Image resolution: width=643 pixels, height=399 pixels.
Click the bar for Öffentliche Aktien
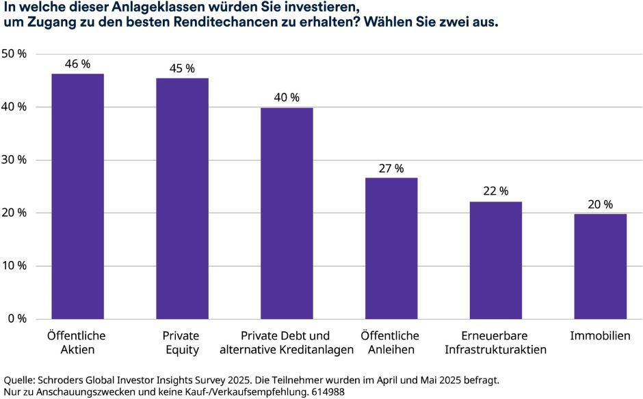click(x=78, y=196)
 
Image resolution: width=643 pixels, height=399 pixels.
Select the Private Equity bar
click(x=182, y=198)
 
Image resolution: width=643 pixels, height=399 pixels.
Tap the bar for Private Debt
click(x=287, y=213)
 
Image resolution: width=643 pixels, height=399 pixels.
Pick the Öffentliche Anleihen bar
click(x=391, y=248)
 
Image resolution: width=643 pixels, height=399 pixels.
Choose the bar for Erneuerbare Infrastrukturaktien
click(x=495, y=260)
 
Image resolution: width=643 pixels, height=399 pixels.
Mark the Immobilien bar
click(x=600, y=266)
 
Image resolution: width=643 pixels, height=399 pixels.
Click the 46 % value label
click(x=77, y=64)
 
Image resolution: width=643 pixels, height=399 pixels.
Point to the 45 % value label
click(x=182, y=68)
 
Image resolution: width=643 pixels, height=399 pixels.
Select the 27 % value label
click(x=391, y=168)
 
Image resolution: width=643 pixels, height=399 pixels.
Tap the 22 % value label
click(x=495, y=192)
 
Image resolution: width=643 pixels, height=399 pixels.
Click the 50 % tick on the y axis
click(x=14, y=54)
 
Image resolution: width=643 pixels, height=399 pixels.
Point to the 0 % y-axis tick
click(x=17, y=318)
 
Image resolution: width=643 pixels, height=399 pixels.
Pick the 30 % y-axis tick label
click(x=14, y=160)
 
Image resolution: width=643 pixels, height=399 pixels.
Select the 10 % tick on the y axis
click(x=14, y=266)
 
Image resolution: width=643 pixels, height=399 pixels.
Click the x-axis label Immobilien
click(x=600, y=336)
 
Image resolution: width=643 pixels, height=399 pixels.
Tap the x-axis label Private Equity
click(x=181, y=343)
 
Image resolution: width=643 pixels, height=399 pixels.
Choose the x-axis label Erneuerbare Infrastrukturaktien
click(x=495, y=343)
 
